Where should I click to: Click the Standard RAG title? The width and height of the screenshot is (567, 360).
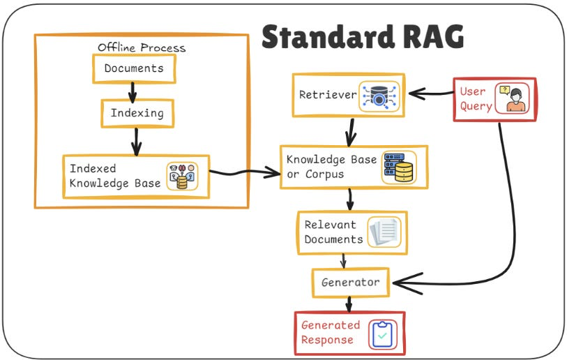[362, 36]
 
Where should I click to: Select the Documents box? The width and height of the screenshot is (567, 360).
[134, 68]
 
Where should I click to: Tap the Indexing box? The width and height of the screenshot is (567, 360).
[137, 112]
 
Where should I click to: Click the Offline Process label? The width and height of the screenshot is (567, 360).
[142, 47]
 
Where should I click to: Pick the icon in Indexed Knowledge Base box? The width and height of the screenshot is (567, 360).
[181, 177]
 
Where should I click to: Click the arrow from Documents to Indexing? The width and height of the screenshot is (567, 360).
[133, 91]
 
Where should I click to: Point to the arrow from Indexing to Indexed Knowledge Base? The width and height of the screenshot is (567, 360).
[137, 141]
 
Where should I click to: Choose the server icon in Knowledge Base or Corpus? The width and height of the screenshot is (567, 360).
[398, 167]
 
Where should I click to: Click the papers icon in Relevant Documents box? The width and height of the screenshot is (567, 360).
[384, 232]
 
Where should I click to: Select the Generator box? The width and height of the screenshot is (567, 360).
[350, 283]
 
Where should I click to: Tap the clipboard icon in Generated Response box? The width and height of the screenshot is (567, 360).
[382, 333]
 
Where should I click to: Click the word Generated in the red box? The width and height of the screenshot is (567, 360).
[331, 325]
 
